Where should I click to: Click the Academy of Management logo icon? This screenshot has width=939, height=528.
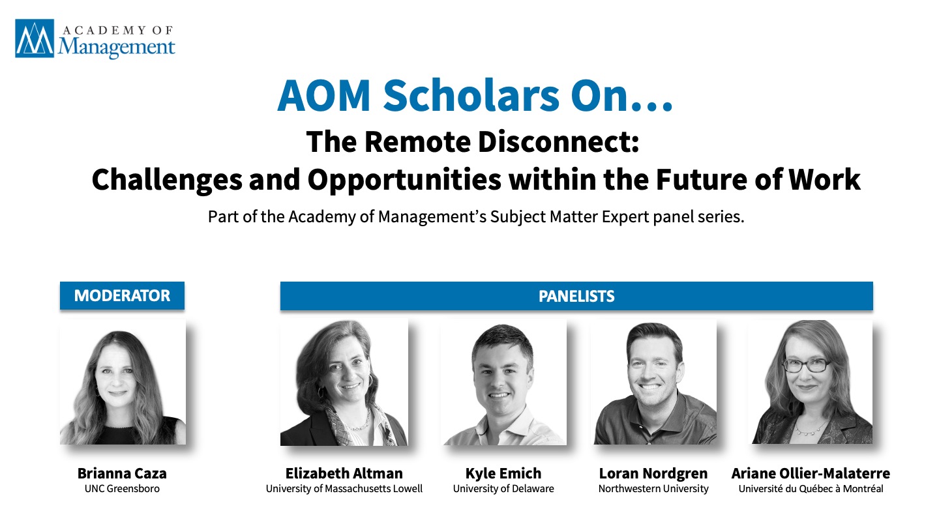35,38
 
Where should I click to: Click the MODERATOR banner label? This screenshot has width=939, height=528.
122,295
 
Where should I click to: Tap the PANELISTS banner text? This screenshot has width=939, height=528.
576,296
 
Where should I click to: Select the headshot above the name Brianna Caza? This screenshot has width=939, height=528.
123,382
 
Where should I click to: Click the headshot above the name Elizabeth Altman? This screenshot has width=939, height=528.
344,382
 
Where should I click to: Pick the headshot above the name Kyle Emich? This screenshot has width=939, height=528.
503,382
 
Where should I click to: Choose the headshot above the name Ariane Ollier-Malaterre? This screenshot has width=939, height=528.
811,382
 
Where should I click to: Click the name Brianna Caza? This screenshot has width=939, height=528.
122,473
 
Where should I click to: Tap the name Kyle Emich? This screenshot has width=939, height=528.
503,473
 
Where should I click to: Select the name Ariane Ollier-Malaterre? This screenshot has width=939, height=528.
811,473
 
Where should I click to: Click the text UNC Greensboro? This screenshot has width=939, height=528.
122,489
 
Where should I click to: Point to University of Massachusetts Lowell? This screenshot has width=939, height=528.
344,489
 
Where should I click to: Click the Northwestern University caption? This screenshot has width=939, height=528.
653,489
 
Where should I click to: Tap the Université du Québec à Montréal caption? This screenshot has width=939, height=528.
811,489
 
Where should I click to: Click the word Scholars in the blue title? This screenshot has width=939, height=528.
471,96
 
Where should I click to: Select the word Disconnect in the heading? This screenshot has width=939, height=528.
558,141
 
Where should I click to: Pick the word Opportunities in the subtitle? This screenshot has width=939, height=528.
404,180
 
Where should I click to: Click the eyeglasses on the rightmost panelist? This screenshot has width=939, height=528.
807,365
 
